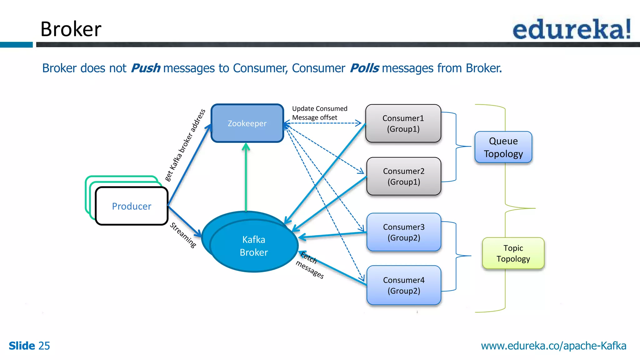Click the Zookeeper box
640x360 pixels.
tap(247, 123)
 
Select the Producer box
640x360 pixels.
tap(132, 206)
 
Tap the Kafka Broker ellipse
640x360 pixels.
tap(253, 246)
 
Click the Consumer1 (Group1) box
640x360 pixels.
tap(403, 123)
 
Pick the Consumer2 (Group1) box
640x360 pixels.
tap(403, 176)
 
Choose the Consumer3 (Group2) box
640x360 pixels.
tap(403, 232)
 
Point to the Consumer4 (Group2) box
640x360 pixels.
tap(403, 285)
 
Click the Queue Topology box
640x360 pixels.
tap(503, 147)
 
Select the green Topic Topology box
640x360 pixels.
tap(513, 253)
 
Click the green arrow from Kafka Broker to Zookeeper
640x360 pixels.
tap(246, 178)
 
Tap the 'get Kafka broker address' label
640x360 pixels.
tap(185, 145)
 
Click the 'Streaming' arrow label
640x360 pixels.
tap(183, 235)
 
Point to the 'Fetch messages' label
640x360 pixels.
tap(309, 265)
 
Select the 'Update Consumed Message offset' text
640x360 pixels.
tap(319, 113)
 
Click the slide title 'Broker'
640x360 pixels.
tap(71, 29)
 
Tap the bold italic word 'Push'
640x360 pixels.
tap(145, 68)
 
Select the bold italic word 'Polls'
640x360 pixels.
tap(364, 68)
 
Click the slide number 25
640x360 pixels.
tap(44, 346)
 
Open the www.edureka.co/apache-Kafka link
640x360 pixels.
tap(553, 346)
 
